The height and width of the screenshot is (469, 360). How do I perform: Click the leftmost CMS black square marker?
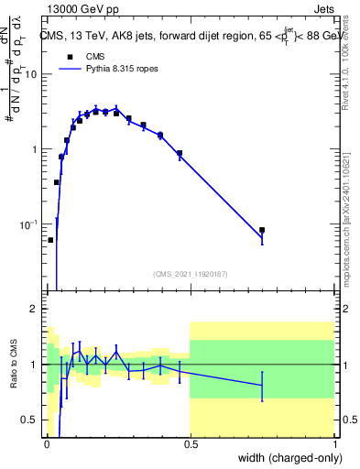coord(50,240)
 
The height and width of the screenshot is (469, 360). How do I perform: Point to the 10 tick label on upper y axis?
coord(30,74)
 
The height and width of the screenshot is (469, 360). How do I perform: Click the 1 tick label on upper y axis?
coord(33,149)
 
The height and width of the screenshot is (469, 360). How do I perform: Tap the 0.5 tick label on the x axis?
coord(190,443)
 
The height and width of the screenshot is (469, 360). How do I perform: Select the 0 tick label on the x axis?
coord(47,443)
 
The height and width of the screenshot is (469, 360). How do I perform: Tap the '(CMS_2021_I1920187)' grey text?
coord(190,273)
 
